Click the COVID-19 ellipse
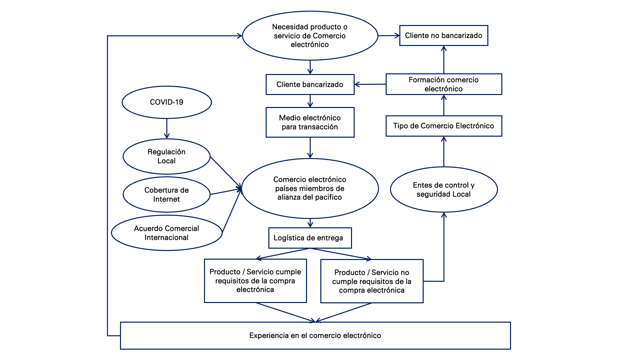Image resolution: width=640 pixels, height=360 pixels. pos(167,102)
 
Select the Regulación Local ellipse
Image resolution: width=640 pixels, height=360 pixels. pos(167,156)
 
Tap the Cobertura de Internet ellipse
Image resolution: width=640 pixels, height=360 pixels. pos(167,195)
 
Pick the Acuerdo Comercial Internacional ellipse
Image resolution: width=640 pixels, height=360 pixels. pos(167,233)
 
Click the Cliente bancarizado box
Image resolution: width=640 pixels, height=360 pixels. pos(310,85)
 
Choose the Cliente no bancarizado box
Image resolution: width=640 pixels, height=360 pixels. pos(443,36)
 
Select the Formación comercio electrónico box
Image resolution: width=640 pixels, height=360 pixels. pos(443,84)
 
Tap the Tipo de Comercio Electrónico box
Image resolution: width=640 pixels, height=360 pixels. pos(443,126)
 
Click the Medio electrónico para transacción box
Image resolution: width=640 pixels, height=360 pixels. pos(310,122)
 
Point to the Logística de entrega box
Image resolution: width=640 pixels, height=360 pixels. pos(310,238)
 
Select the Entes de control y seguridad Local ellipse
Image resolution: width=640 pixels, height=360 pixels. pos(443,190)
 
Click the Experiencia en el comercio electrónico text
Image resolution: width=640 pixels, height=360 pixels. pos(315,336)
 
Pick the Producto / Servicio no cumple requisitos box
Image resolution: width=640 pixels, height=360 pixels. pos(372,281)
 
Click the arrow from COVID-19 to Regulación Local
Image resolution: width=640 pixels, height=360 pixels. pos(167,129)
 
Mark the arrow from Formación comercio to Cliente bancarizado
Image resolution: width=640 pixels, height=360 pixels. pos(370,84)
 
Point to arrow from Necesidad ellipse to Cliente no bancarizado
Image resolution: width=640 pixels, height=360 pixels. pos(389,36)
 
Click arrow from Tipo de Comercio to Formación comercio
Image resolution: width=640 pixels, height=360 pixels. pos(444,105)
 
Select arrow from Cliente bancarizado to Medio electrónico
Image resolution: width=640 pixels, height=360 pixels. pos(310,101)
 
